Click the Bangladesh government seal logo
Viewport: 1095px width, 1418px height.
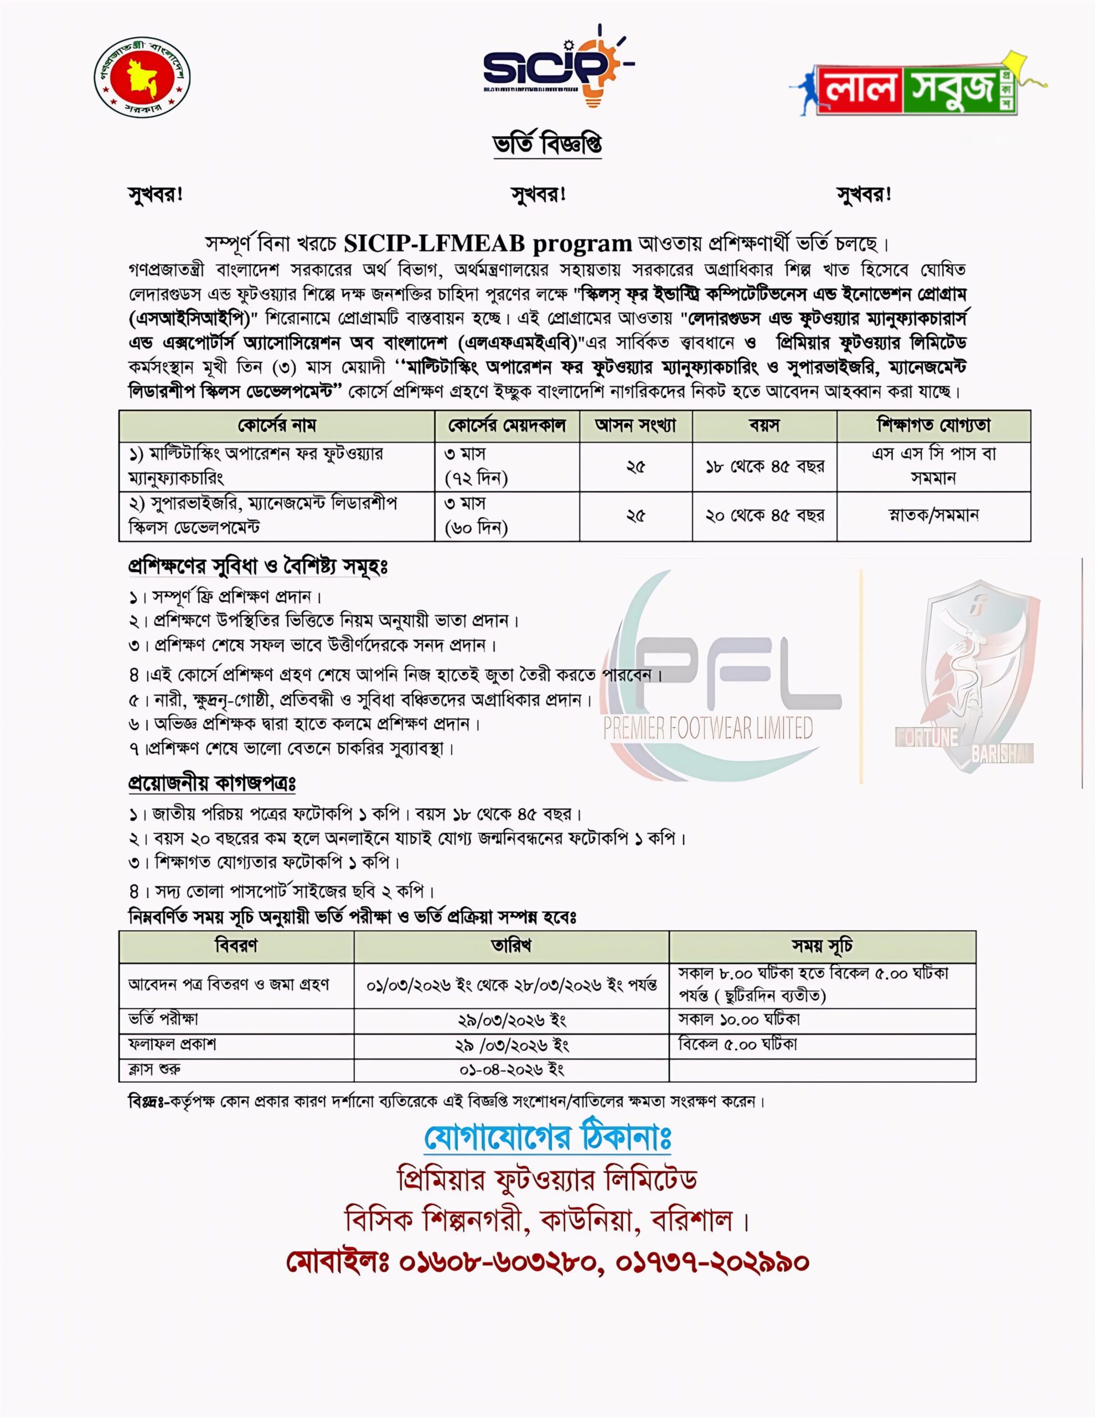click(x=142, y=76)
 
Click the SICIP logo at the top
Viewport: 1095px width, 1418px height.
click(x=557, y=65)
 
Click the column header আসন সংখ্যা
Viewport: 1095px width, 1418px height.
click(x=636, y=426)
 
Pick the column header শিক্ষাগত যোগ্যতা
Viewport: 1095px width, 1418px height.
click(x=933, y=426)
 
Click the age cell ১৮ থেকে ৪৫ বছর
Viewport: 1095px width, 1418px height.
click(x=765, y=466)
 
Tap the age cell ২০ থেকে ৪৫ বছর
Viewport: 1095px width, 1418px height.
click(x=765, y=516)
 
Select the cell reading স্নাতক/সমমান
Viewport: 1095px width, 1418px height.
click(x=933, y=516)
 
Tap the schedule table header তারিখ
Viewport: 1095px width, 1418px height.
click(x=511, y=946)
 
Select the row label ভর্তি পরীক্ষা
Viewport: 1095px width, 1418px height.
click(x=163, y=1019)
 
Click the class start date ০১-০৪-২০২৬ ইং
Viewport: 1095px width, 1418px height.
click(x=511, y=1070)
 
